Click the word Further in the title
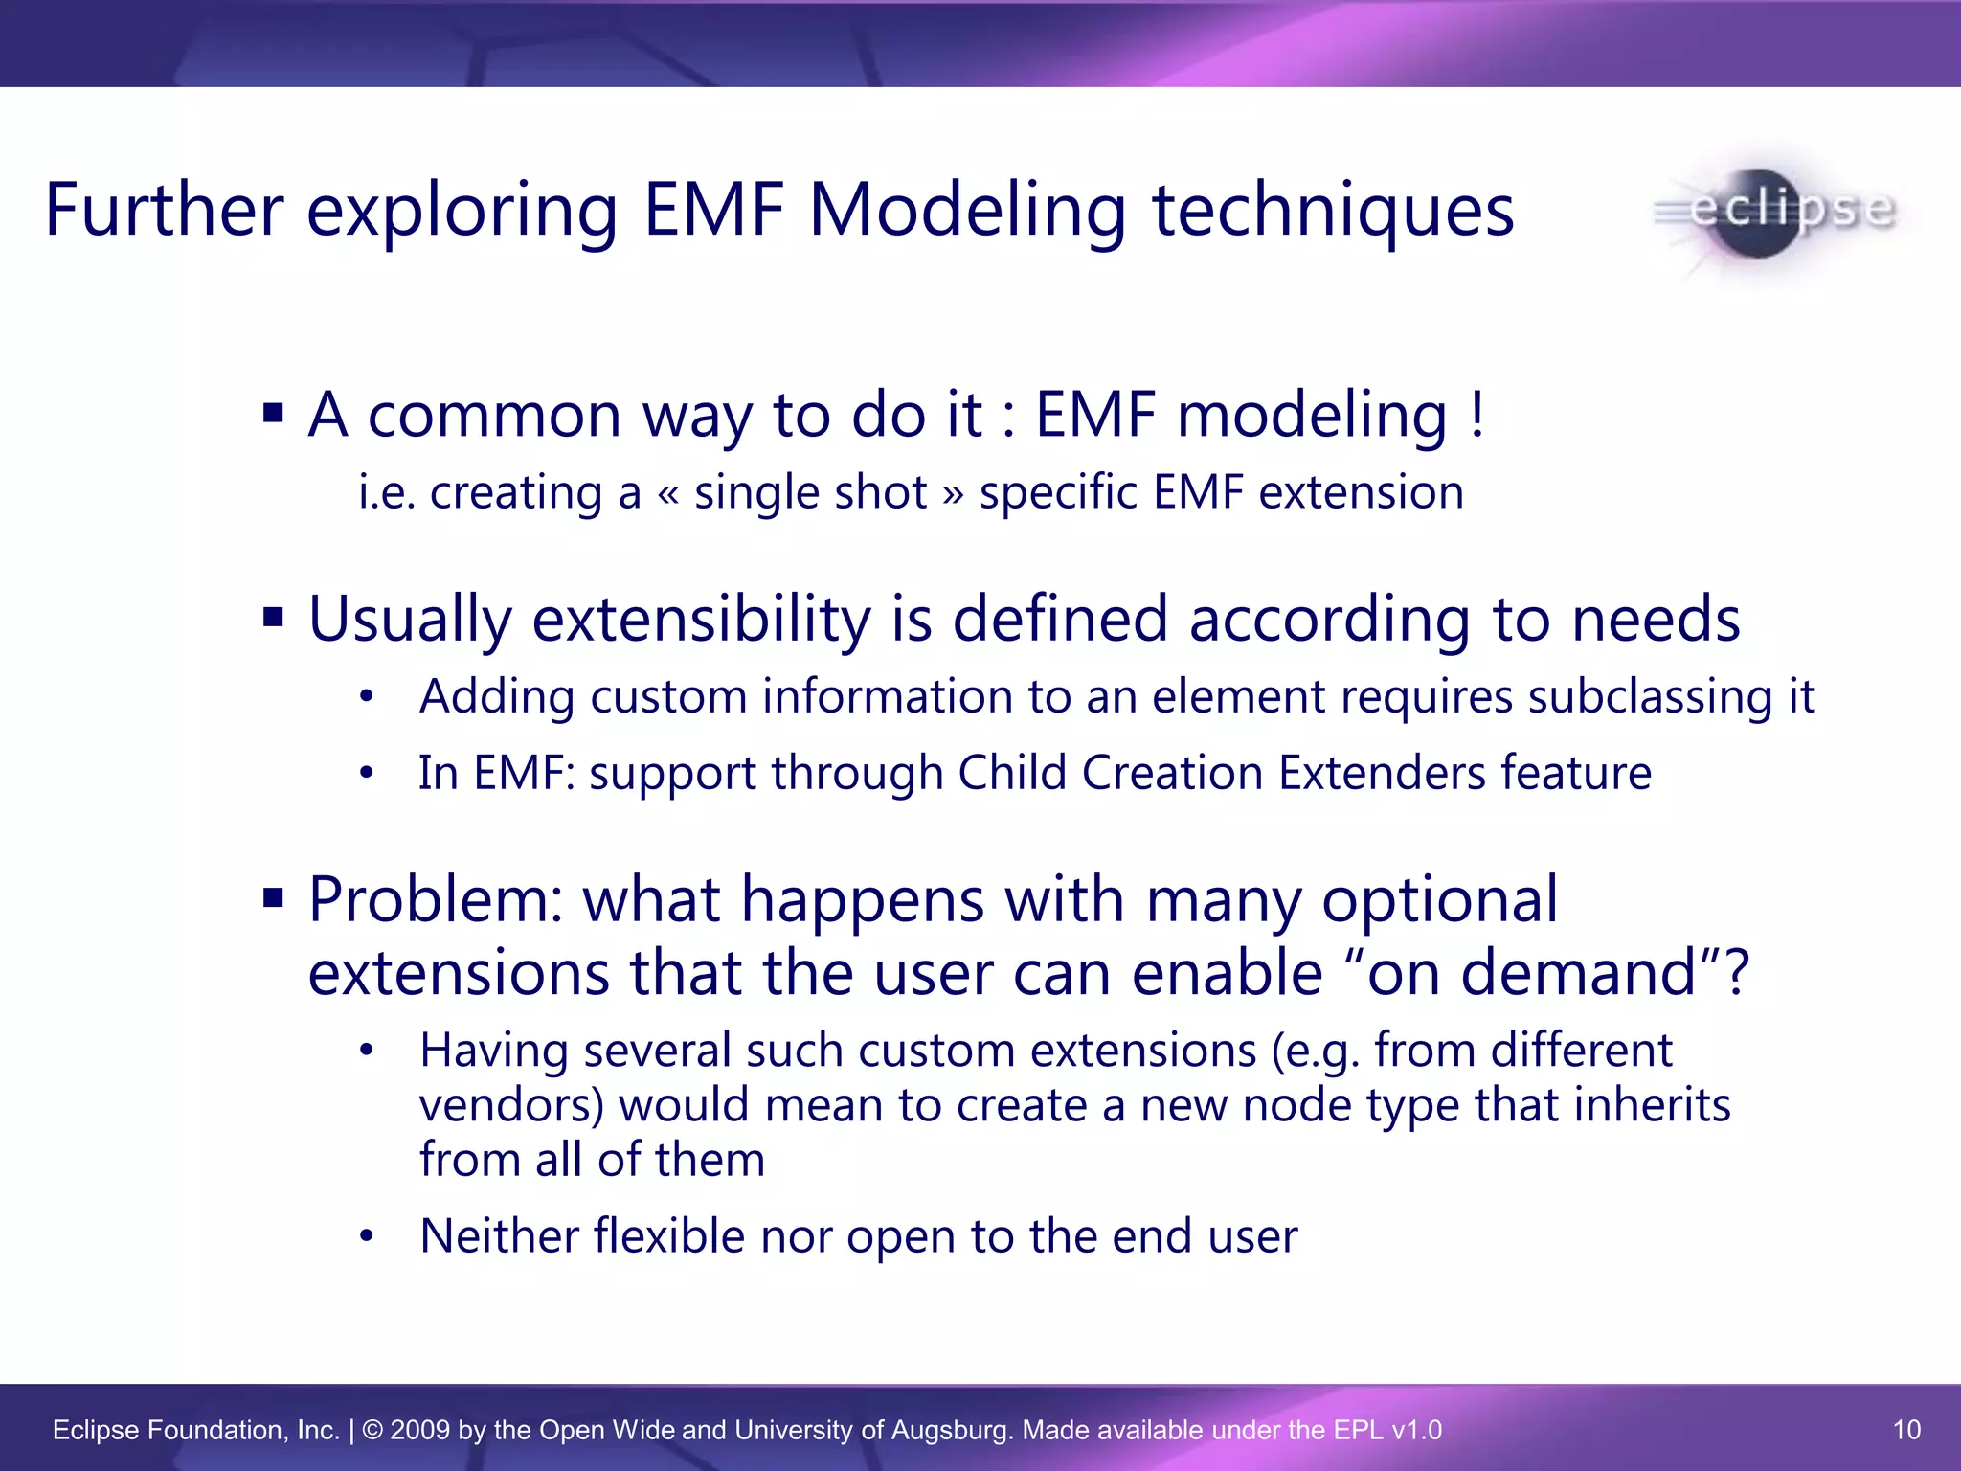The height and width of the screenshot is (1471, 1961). [164, 210]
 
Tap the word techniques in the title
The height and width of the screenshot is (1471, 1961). [1333, 212]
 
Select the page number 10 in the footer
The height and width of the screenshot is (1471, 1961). [1906, 1430]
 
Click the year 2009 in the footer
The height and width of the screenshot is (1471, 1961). [419, 1430]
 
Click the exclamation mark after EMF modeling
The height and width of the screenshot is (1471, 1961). [1477, 415]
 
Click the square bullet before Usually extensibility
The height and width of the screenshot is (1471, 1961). [274, 617]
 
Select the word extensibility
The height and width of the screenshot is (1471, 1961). [701, 619]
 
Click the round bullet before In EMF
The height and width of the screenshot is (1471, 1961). [366, 774]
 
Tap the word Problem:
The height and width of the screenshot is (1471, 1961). [436, 900]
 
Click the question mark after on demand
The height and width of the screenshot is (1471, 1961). [1734, 973]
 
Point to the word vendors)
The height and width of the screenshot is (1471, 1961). [511, 1105]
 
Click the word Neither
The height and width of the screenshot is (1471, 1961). [497, 1235]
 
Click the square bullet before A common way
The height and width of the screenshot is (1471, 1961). [274, 414]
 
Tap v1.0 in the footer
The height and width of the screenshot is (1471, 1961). [1416, 1430]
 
